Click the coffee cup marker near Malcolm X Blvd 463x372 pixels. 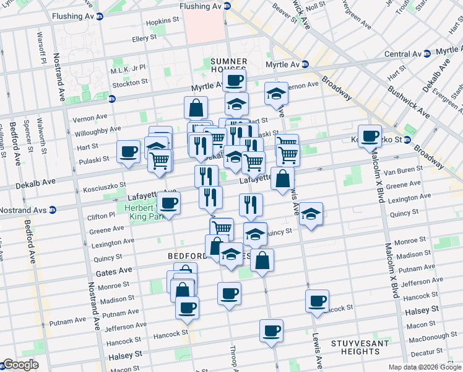click(370, 136)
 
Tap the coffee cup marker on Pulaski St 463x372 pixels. click(129, 151)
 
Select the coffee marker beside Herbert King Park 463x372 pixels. click(168, 202)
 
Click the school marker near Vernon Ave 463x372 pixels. click(276, 94)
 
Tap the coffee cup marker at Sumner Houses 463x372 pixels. click(235, 80)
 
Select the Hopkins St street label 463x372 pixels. click(162, 22)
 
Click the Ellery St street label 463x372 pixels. click(144, 38)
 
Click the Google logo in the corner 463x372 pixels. click(20, 365)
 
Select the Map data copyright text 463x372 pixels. click(424, 367)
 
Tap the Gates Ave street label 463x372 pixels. click(114, 272)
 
